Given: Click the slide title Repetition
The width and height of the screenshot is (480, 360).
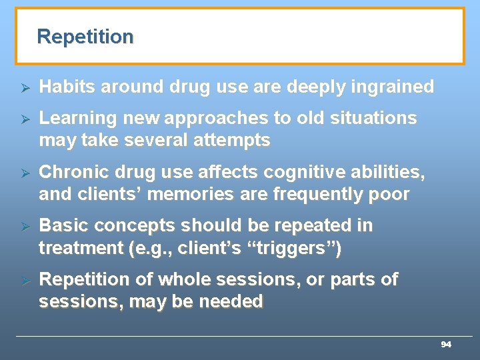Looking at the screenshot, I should coord(85,37).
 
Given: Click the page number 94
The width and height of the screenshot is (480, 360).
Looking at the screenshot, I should coord(446,345).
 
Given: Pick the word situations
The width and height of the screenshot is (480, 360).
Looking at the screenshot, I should coord(375,118).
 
